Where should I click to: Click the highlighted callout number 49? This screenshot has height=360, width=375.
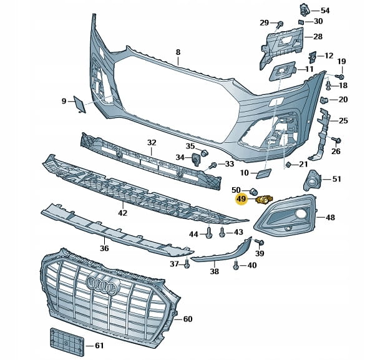[241, 200]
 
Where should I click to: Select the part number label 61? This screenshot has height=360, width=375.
[100, 346]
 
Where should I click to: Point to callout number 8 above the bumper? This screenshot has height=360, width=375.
[177, 52]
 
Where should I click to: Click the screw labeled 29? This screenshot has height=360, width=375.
[280, 25]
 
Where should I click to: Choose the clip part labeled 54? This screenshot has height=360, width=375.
[305, 9]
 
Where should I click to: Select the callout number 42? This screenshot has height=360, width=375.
[122, 213]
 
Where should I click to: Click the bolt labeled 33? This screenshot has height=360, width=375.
[213, 165]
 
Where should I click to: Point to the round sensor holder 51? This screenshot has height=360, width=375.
[311, 182]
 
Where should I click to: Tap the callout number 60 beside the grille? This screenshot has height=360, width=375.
[187, 319]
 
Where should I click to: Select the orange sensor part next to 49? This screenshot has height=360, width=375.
[263, 200]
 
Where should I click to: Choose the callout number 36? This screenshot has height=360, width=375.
[104, 248]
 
